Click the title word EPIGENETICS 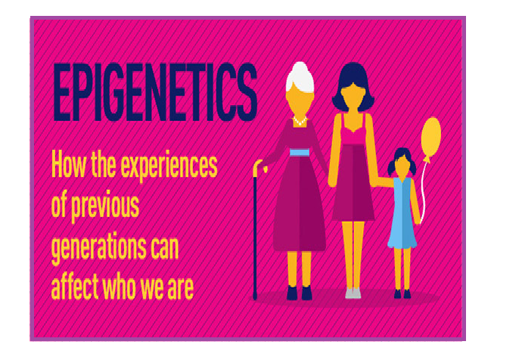(155, 92)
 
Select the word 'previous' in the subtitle (105, 206)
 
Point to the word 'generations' (99, 247)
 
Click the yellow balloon (430, 138)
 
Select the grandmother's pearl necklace (300, 121)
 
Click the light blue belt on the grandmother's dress (300, 153)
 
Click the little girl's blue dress (402, 213)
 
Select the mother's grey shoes (353, 293)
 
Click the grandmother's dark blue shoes (300, 293)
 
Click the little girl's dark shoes (402, 293)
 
